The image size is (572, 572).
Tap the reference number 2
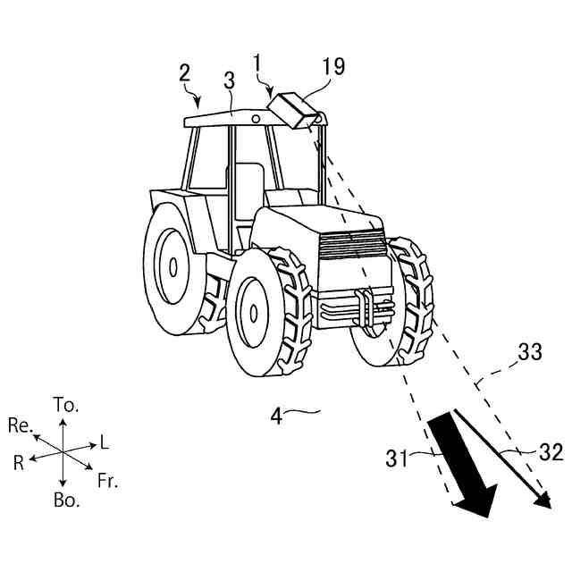pyautogui.click(x=184, y=72)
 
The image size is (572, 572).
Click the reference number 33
pyautogui.click(x=530, y=352)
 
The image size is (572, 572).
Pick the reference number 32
pyautogui.click(x=551, y=453)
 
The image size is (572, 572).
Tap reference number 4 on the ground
pyautogui.click(x=277, y=416)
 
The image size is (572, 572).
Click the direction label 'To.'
pyautogui.click(x=66, y=404)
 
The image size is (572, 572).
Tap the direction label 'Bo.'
pyautogui.click(x=66, y=500)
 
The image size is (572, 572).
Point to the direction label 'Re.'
pyautogui.click(x=20, y=425)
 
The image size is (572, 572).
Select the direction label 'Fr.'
pyautogui.click(x=108, y=482)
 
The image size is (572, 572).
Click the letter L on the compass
pyautogui.click(x=105, y=442)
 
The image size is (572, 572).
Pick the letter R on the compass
pyautogui.click(x=18, y=461)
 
